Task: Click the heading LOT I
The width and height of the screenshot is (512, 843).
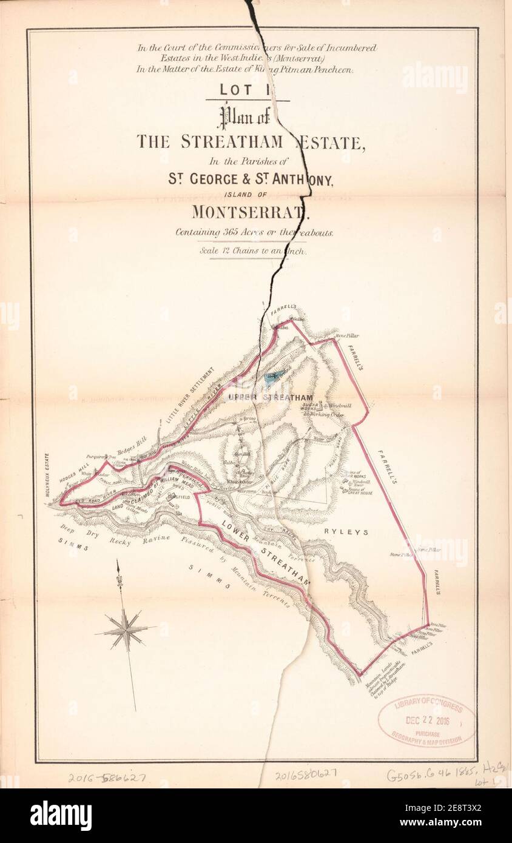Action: [x=247, y=90]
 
